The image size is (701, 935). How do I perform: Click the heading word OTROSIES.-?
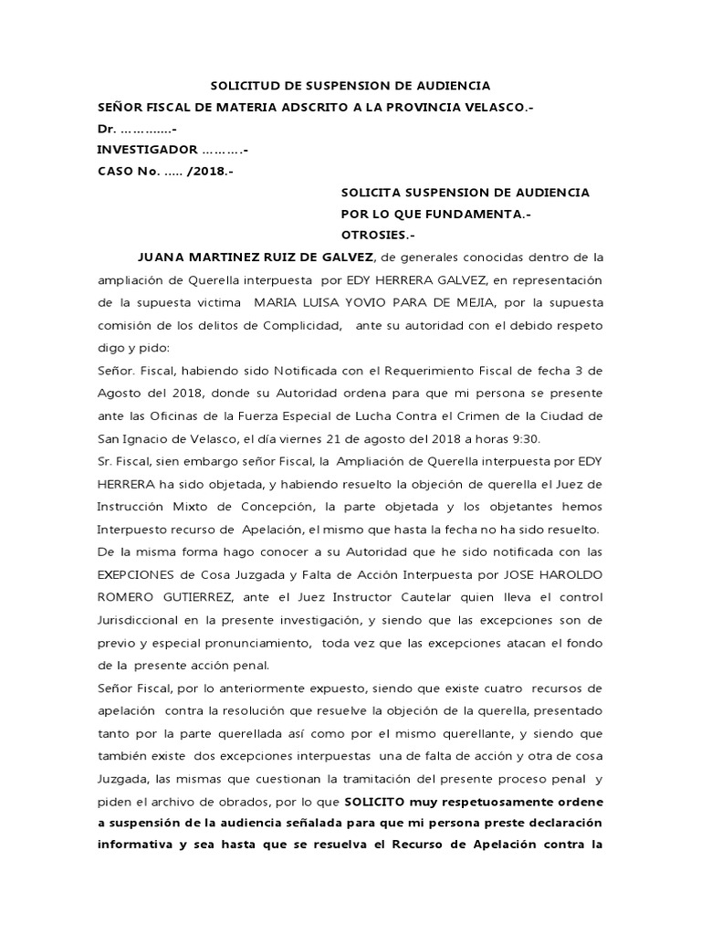[377, 235]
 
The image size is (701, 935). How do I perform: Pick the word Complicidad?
[303, 324]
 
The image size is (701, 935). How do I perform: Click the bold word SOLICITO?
[378, 800]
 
